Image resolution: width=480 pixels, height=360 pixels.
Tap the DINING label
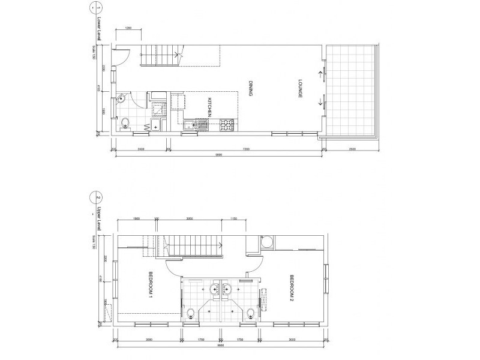[248, 90]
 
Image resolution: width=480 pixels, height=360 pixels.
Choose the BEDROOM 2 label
[292, 287]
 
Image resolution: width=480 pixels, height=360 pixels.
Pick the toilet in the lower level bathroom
[124, 124]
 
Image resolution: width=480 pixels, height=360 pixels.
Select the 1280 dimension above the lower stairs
[129, 28]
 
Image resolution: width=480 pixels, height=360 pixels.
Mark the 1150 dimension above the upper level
[234, 220]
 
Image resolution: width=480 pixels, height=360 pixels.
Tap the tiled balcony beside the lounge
[352, 90]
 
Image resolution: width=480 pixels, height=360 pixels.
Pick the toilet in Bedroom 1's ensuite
[190, 312]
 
